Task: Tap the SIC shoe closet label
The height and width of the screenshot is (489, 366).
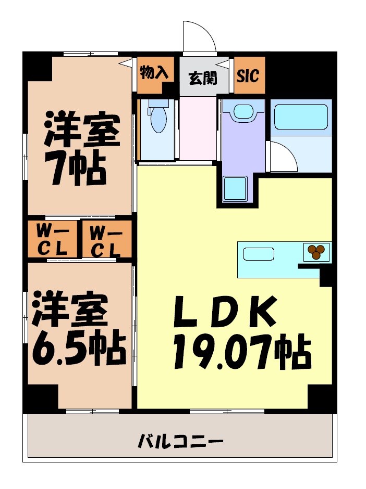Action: point(248,76)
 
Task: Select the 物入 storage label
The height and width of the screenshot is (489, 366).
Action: point(154,73)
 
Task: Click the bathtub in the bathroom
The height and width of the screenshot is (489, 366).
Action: point(300,117)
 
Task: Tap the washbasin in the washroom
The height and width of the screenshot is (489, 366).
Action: point(242,112)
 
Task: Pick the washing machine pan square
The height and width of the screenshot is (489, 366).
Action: point(235,188)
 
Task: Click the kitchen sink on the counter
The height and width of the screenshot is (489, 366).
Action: point(259,254)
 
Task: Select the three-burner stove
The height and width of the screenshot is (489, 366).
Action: point(316,252)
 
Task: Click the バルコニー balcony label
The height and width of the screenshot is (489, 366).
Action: point(180,443)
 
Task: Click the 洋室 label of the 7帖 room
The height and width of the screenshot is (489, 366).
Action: point(82,130)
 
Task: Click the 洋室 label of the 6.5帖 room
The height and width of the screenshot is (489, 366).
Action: point(71,310)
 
